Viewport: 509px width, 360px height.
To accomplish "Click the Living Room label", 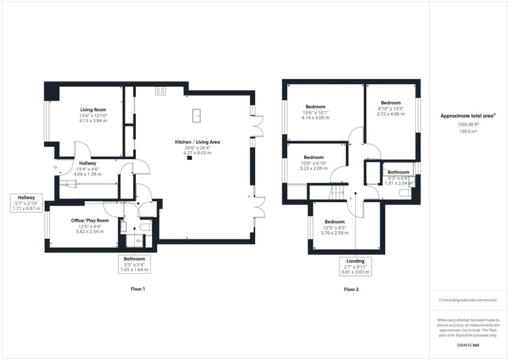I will pos(93,110).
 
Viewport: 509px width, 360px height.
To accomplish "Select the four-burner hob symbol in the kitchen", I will pos(160,90).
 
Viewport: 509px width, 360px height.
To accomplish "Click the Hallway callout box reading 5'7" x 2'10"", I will pos(27,203).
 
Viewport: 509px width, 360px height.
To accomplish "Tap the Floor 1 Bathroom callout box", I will pos(134,264).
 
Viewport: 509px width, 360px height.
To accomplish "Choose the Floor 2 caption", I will pos(351,289).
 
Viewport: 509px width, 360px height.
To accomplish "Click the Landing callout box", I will pos(355,266).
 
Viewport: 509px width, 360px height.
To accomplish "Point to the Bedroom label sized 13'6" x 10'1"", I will pos(315,107).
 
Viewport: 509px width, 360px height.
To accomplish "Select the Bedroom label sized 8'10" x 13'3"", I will pos(391,103).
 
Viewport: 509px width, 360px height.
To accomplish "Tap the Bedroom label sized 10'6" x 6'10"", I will pos(314,157).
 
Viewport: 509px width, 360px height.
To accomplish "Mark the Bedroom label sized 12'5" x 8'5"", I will pos(335,222).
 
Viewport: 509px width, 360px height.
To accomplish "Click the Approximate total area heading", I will pos(468,116).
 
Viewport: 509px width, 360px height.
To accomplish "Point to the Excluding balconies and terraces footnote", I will pos(467,300).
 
